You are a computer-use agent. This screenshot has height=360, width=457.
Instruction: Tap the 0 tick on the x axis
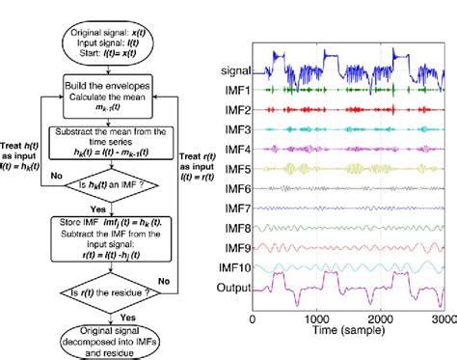(x=252, y=318)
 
